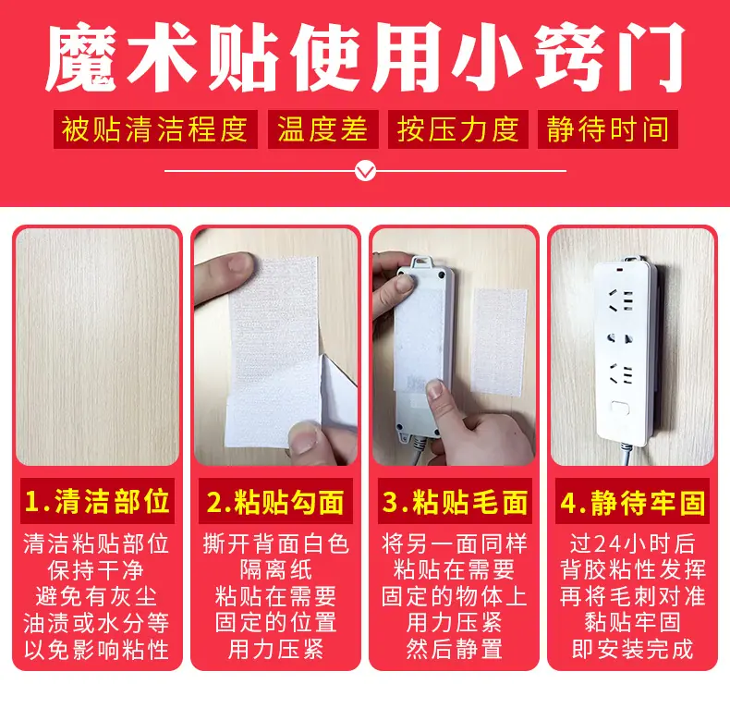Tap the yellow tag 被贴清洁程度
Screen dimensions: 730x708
tap(155, 129)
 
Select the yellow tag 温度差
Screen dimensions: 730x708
tap(322, 129)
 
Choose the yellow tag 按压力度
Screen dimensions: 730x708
tap(457, 129)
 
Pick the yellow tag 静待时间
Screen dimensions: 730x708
tap(607, 129)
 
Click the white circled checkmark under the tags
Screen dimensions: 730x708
tap(366, 171)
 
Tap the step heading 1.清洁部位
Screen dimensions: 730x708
tap(97, 501)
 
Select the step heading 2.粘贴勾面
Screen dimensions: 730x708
tap(275, 502)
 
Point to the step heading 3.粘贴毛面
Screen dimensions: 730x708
tap(455, 502)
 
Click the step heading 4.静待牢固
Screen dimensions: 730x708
tap(632, 502)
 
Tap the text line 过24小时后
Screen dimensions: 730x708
tap(632, 543)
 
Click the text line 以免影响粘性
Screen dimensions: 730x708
tap(96, 650)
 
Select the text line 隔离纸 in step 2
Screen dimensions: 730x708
tap(275, 569)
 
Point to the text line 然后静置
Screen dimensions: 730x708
tap(455, 649)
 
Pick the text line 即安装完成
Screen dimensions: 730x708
tap(632, 649)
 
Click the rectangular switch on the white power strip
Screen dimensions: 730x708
tap(620, 408)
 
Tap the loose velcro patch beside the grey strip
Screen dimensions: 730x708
tap(499, 342)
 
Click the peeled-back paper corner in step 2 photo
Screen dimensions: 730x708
tap(337, 391)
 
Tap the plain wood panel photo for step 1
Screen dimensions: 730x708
tap(97, 347)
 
